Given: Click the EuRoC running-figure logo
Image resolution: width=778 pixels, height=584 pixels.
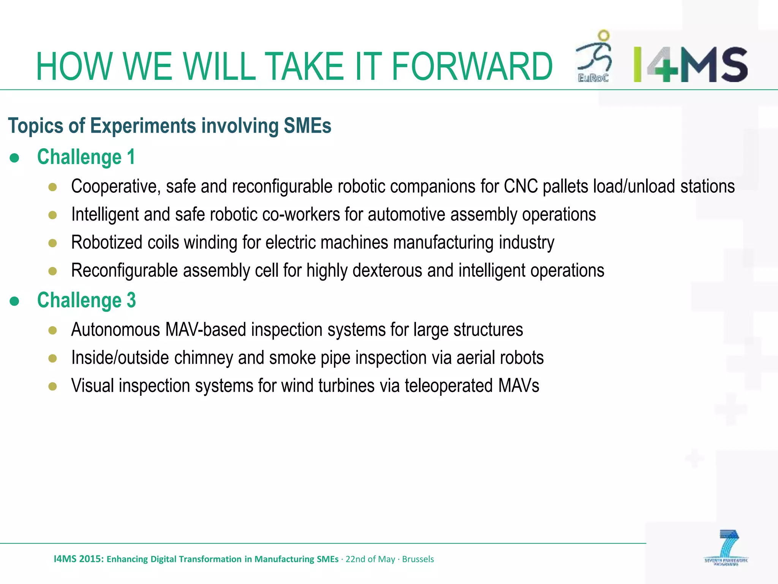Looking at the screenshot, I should click(x=593, y=57).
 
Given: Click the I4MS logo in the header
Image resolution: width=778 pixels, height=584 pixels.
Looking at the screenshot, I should click(x=690, y=65).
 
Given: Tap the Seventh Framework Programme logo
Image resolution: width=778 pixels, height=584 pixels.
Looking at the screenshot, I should click(x=726, y=548).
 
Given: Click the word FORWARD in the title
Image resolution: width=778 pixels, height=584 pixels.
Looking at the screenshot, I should click(x=471, y=67).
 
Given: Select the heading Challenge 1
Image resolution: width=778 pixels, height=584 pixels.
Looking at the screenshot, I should click(x=86, y=157).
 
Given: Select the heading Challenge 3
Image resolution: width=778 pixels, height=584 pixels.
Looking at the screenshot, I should click(x=87, y=300).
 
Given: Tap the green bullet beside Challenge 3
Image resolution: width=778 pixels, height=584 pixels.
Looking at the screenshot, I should click(x=14, y=301).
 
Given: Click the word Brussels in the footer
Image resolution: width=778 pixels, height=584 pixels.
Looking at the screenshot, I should click(x=418, y=559).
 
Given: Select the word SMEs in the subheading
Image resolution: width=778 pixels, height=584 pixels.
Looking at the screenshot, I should click(x=307, y=126).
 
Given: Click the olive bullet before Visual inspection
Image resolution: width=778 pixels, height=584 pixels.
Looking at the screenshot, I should click(x=53, y=387).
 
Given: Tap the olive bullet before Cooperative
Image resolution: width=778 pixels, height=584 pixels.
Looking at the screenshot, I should click(x=53, y=187).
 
